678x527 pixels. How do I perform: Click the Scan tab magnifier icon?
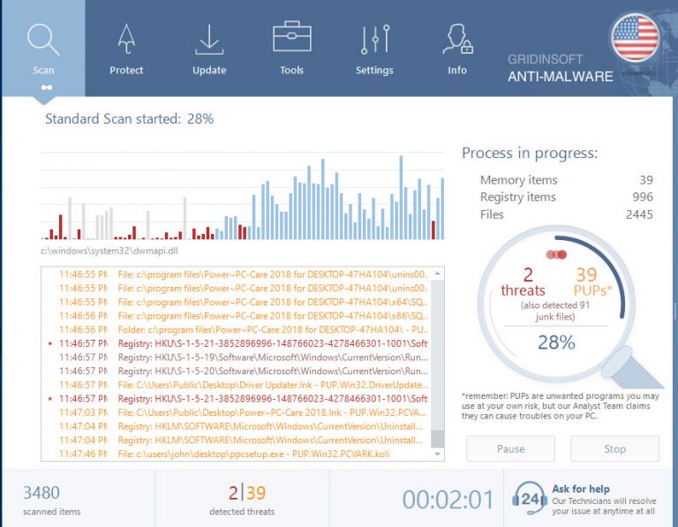pyautogui.click(x=42, y=39)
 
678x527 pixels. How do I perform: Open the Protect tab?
pyautogui.click(x=126, y=48)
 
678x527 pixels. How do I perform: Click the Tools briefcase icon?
pyautogui.click(x=291, y=39)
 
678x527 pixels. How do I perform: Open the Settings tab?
pyautogui.click(x=374, y=48)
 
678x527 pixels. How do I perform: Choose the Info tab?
pyautogui.click(x=456, y=48)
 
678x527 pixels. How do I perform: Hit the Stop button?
pyautogui.click(x=614, y=448)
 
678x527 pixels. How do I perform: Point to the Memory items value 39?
pyautogui.click(x=645, y=180)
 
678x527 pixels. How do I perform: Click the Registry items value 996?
pyautogui.click(x=642, y=197)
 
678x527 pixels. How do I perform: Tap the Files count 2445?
pyautogui.click(x=638, y=215)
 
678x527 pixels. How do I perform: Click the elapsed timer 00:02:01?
pyautogui.click(x=448, y=500)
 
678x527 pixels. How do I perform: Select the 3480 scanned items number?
pyautogui.click(x=41, y=493)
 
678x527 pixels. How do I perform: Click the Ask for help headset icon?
pyautogui.click(x=530, y=499)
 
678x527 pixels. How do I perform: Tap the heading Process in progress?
pyautogui.click(x=530, y=153)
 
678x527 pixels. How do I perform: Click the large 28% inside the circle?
pyautogui.click(x=556, y=342)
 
